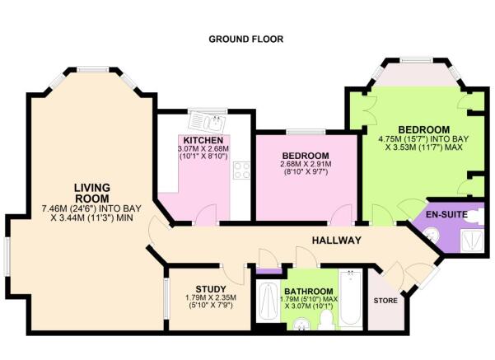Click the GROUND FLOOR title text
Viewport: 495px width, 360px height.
pyautogui.click(x=246, y=39)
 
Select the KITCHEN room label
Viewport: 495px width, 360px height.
pyautogui.click(x=203, y=140)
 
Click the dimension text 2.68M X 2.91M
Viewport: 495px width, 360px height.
pyautogui.click(x=306, y=166)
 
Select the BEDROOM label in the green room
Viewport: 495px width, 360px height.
pyautogui.click(x=423, y=130)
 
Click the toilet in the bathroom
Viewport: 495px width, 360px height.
pyautogui.click(x=327, y=320)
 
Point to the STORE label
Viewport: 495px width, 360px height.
pyautogui.click(x=385, y=301)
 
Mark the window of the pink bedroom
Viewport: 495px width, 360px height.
pyautogui.click(x=305, y=133)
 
